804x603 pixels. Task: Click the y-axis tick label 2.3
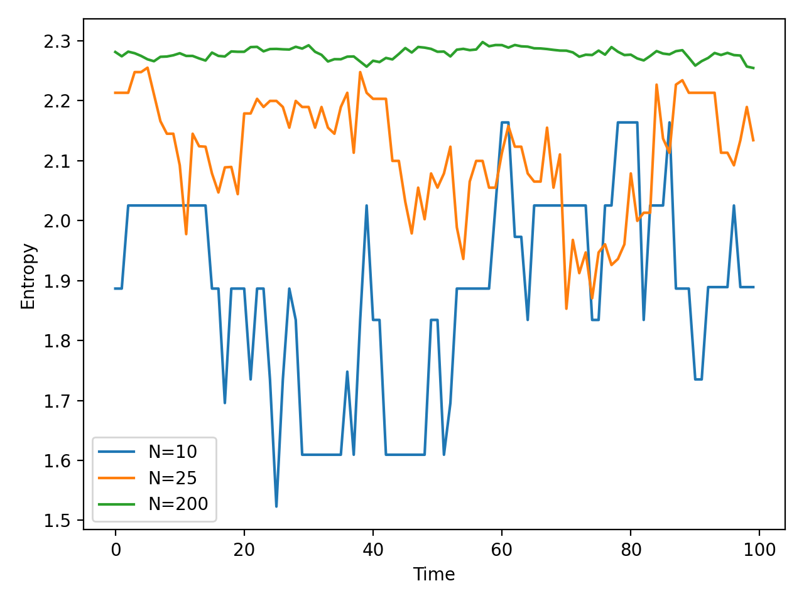[x=57, y=41]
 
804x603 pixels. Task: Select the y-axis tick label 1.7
[x=57, y=401]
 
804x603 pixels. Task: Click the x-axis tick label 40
[x=373, y=550]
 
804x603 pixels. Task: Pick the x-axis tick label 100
[x=759, y=550]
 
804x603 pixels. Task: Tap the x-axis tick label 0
[x=116, y=550]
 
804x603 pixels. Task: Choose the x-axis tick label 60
[x=501, y=550]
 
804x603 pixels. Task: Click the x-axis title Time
[x=433, y=574]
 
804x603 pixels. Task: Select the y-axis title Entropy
[x=28, y=276]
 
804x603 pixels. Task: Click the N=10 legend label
[x=173, y=452]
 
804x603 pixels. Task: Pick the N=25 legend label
[x=173, y=478]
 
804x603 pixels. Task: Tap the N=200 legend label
[x=178, y=504]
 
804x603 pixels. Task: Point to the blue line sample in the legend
[x=117, y=452]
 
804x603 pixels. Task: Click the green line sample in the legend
[x=117, y=504]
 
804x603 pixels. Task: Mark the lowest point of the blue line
[x=276, y=507]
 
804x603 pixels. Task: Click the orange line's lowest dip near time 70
[x=567, y=309]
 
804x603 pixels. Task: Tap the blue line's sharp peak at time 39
[x=366, y=206]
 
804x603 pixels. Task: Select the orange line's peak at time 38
[x=360, y=72]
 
